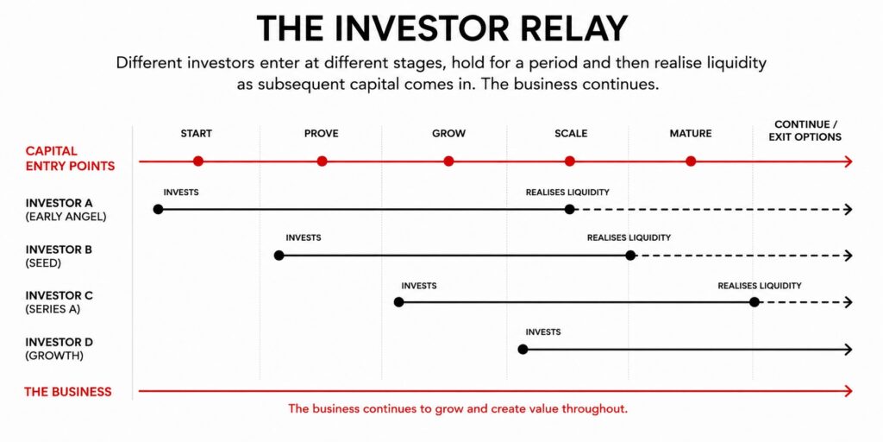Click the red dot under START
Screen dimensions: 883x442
(x=197, y=161)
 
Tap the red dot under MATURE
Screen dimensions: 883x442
(x=691, y=161)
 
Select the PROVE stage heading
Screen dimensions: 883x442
(x=321, y=134)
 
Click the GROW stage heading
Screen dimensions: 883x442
(x=448, y=134)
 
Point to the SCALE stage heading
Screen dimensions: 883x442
(x=571, y=134)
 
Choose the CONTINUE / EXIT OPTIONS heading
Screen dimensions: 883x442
(x=805, y=130)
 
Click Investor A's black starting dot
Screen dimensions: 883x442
(x=158, y=209)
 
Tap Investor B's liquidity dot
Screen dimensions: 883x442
(x=630, y=256)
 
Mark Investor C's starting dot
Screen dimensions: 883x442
(x=398, y=302)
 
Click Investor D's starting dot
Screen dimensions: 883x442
(x=523, y=349)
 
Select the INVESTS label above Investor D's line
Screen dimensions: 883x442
(x=543, y=332)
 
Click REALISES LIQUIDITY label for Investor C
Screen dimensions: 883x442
(x=759, y=286)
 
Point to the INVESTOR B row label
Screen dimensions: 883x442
(x=59, y=249)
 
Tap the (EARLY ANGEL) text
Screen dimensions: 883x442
(x=66, y=217)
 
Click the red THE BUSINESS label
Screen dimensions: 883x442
(x=67, y=392)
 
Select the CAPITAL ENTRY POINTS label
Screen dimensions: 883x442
(x=70, y=159)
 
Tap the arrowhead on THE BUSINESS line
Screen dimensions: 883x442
(x=849, y=390)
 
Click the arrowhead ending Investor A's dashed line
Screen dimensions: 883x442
(x=849, y=209)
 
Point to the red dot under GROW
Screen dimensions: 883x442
(x=448, y=161)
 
